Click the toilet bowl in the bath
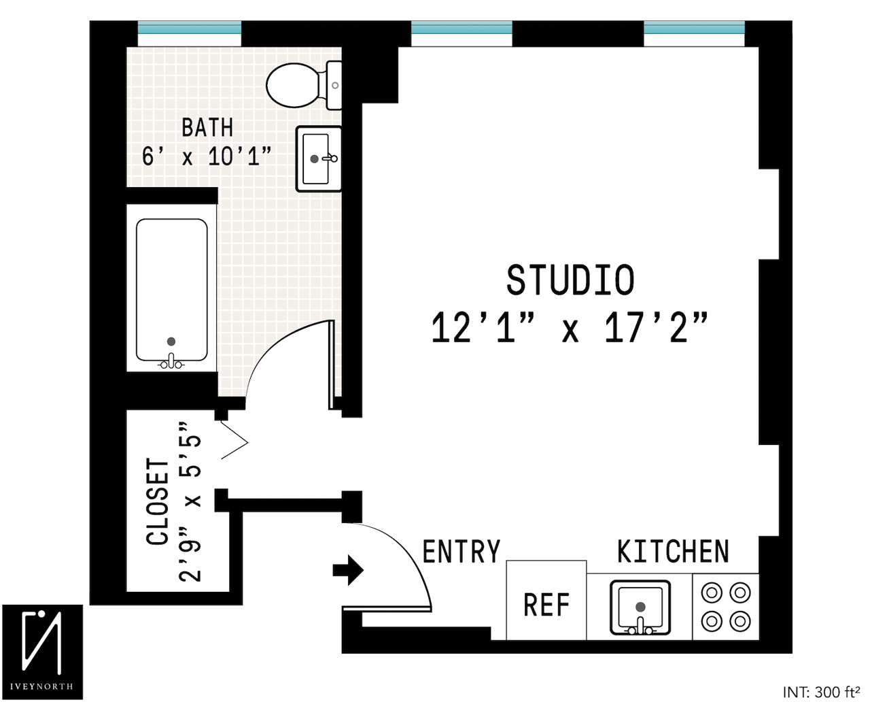294,85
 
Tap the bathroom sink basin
315,158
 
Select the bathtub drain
171,341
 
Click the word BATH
207,127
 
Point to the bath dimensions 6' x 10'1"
206,156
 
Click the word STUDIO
570,280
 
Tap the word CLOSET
157,501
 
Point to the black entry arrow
348,571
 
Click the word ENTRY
462,552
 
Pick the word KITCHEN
673,551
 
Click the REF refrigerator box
546,601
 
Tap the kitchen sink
640,607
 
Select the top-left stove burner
712,593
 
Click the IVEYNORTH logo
42,652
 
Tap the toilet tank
334,86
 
